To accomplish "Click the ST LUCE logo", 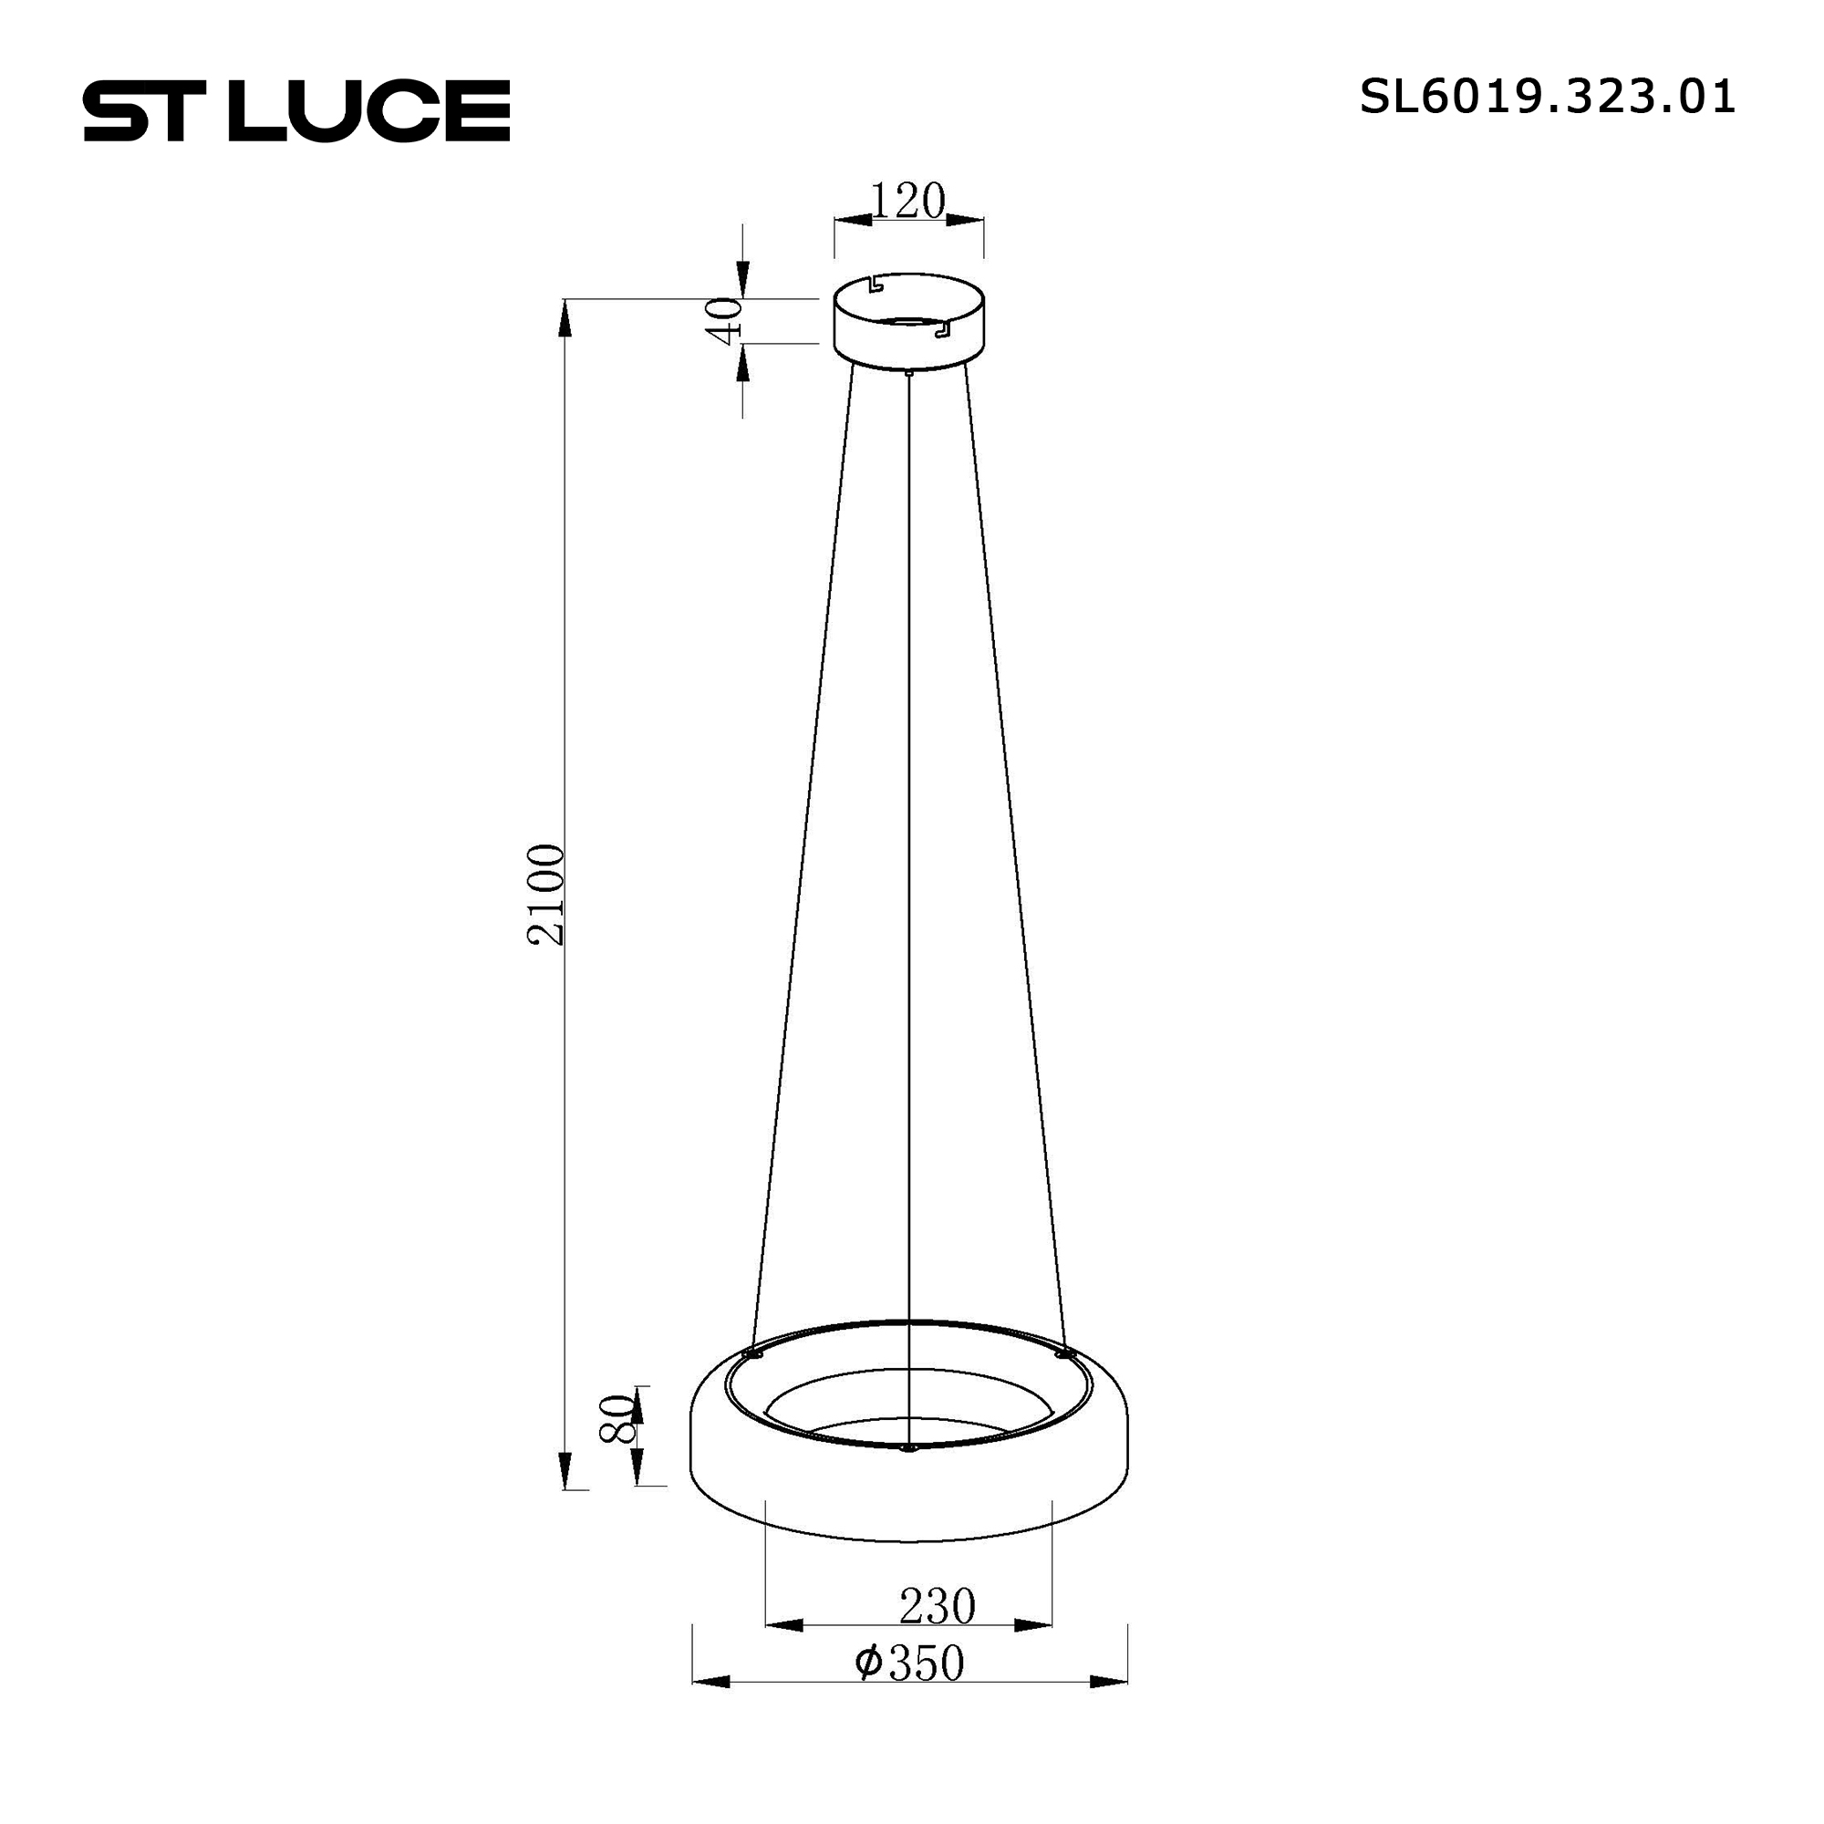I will click(x=296, y=110).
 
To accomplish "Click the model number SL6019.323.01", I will click(x=1547, y=98).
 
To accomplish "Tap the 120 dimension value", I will click(x=907, y=201).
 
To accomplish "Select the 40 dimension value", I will click(x=725, y=321).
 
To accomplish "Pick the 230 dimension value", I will click(x=937, y=1606).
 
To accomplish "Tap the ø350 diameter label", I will click(x=908, y=1663).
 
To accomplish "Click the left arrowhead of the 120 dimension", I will click(x=853, y=220).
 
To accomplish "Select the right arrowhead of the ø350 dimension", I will click(x=1108, y=1682).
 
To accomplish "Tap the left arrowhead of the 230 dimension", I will click(x=783, y=1625).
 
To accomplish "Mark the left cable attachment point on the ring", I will click(x=751, y=1353).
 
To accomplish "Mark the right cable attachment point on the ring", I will click(x=1064, y=1353).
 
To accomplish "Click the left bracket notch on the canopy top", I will click(x=876, y=285).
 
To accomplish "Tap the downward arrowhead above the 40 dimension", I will click(x=743, y=278).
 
